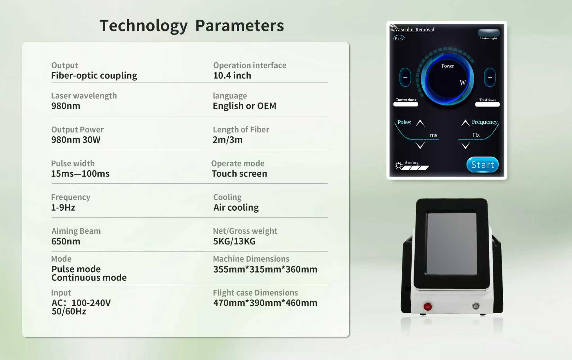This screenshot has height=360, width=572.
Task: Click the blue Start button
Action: pos(482,165)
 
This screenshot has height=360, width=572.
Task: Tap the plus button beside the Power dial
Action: pos(490,77)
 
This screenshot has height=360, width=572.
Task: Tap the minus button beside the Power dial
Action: pos(405,77)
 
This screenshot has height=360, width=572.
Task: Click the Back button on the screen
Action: pos(399,39)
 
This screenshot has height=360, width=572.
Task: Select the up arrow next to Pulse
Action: pos(420,123)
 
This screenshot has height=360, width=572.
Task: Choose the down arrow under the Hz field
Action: pos(465,145)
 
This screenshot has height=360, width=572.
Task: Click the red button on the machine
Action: pos(428,307)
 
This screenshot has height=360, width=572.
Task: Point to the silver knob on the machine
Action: pos(476,306)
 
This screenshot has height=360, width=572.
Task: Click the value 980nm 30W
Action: pos(76,140)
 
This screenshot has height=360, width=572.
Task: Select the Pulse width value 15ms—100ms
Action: pos(80,174)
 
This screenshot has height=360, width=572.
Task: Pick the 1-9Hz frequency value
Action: pos(63,208)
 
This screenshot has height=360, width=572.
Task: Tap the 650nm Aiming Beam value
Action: pos(66,241)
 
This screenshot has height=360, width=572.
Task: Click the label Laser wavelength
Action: pos(84,96)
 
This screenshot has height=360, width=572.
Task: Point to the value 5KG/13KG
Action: pos(234,241)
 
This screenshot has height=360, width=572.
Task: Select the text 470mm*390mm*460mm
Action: pos(265,303)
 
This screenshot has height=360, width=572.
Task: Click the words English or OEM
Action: pos(244,106)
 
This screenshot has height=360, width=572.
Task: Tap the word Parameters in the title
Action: pos(240,26)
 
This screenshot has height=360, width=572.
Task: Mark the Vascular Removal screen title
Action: pos(414,30)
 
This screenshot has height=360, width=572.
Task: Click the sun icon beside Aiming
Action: pos(399,166)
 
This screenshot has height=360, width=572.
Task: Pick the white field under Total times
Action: pos(487,104)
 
